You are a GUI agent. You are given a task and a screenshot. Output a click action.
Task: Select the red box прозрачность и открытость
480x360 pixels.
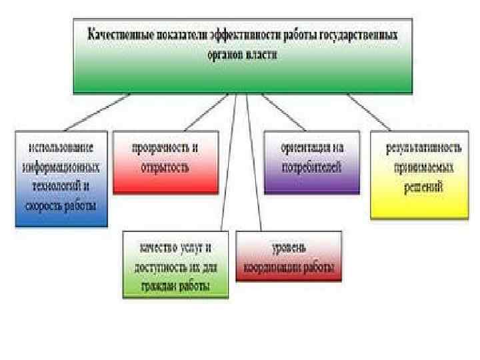165,162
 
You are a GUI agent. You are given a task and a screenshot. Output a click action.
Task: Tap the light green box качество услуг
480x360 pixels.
175,265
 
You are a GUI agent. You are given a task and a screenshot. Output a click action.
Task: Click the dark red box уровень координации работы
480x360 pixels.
289,257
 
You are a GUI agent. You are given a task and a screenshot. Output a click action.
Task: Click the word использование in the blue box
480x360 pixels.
60,146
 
